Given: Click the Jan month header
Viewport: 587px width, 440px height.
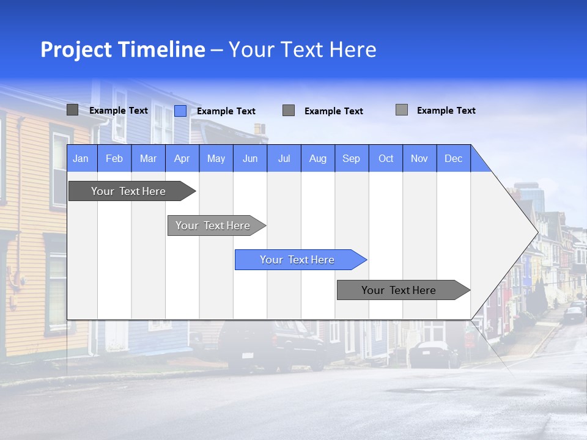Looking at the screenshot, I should [x=81, y=158].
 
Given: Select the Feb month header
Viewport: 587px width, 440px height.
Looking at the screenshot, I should [x=114, y=158].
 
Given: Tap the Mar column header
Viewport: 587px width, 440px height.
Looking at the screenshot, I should [x=148, y=158].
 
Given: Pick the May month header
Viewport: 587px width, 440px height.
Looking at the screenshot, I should [x=216, y=158].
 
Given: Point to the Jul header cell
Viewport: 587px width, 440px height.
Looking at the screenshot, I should [x=284, y=158].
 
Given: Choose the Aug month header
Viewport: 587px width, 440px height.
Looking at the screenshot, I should [x=317, y=158].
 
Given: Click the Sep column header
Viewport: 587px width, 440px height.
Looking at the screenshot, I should [x=351, y=158].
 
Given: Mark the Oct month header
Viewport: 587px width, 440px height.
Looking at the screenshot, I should [x=386, y=158].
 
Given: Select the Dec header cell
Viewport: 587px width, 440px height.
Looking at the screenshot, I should [x=453, y=158].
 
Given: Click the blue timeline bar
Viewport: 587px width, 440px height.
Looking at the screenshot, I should [x=297, y=260].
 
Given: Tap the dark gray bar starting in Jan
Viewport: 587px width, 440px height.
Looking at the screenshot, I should [x=128, y=191].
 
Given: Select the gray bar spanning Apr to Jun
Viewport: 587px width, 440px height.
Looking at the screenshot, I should [x=213, y=226].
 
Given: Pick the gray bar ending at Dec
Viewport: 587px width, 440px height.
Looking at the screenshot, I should [x=399, y=290].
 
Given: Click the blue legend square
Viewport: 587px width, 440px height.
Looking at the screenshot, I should [x=180, y=111].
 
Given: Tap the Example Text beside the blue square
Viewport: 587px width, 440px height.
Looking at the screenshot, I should [x=226, y=111].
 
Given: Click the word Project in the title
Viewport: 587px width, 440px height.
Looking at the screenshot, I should [x=76, y=50].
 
